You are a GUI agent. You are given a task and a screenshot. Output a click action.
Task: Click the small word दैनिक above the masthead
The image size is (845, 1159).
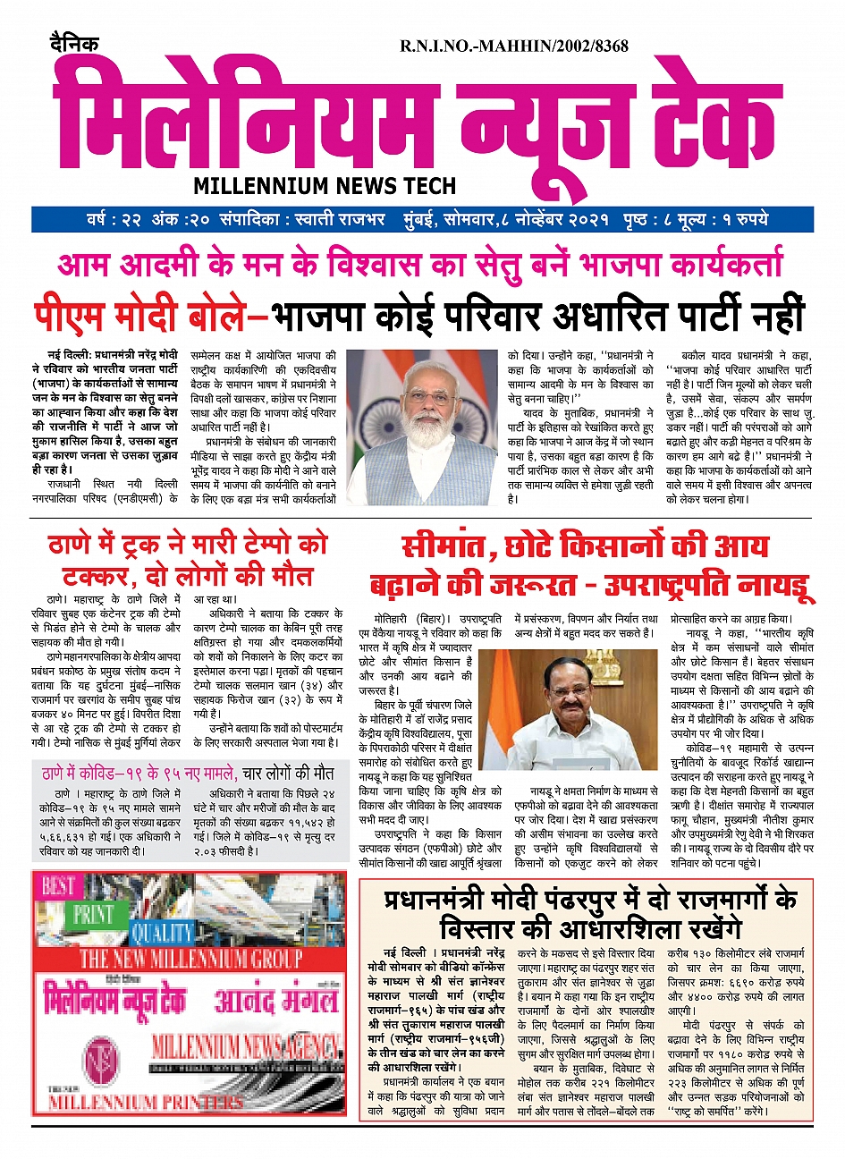tap(74, 44)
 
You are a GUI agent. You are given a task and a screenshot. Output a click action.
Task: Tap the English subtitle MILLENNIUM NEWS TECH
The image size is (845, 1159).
tap(325, 186)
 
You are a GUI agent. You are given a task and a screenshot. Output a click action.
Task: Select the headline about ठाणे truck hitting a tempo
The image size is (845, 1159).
tap(188, 558)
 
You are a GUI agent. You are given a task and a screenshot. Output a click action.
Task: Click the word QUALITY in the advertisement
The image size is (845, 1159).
tap(161, 933)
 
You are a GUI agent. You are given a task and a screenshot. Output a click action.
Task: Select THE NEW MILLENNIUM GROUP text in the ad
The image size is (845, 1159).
tap(190, 960)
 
